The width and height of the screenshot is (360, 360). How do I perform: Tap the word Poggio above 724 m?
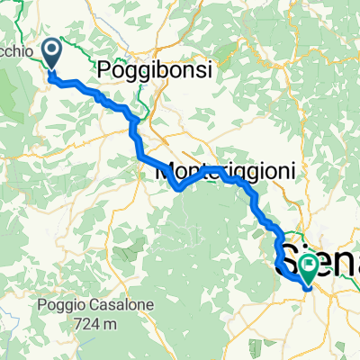[x=55, y=305]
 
